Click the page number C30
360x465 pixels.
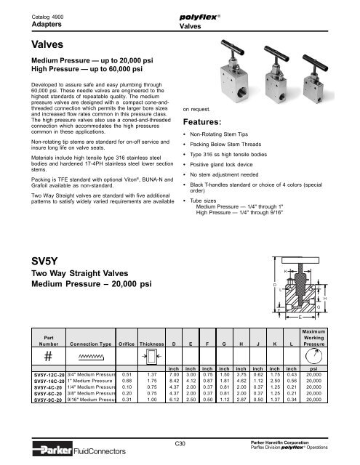pyautogui.click(x=180, y=442)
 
